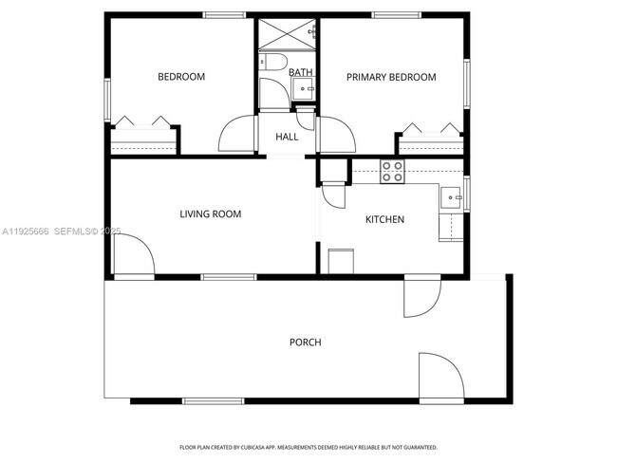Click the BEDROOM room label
[180, 77]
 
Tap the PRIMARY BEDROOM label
[390, 77]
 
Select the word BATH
[300, 72]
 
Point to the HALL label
[287, 137]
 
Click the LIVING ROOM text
[210, 214]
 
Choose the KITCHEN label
[384, 219]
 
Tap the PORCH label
[305, 342]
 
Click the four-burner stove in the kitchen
[393, 171]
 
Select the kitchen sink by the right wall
[450, 197]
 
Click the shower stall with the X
[287, 32]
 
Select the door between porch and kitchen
[420, 296]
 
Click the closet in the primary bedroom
[429, 139]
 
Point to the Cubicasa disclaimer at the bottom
[308, 447]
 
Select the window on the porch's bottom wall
[212, 400]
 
